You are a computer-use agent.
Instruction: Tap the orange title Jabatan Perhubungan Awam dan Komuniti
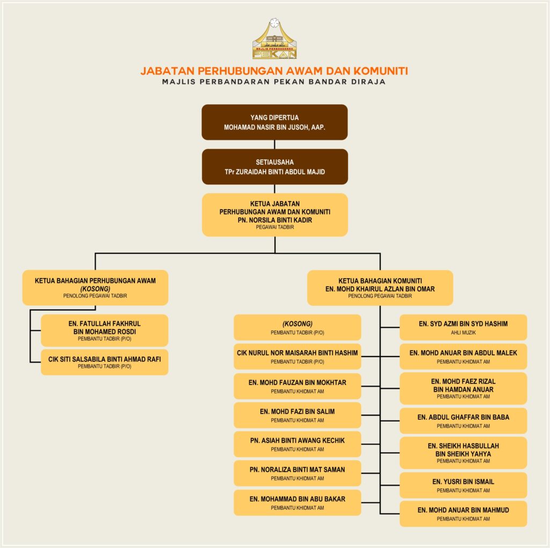coord(274,70)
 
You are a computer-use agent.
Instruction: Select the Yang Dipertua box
coord(274,122)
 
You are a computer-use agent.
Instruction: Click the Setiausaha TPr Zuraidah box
coord(274,167)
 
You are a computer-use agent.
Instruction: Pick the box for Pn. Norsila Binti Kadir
coord(274,215)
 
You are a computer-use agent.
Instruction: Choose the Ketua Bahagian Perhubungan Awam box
coord(95,287)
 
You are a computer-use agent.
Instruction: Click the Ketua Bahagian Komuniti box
coord(380,288)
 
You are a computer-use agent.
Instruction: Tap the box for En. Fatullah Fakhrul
coord(104,330)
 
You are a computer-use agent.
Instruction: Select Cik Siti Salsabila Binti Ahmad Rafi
coord(104,362)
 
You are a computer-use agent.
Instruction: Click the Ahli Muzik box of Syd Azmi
coord(463,327)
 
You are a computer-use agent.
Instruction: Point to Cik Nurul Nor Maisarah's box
coord(297,357)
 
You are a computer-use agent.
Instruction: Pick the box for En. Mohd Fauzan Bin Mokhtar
coord(297,386)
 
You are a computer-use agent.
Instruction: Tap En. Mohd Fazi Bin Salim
coord(297,415)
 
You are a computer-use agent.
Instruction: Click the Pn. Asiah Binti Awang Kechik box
coord(297,444)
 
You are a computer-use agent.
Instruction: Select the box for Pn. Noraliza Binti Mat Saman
coord(297,473)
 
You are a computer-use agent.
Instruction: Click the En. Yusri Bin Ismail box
coord(463,485)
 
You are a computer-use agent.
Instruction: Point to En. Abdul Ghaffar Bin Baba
coord(463,421)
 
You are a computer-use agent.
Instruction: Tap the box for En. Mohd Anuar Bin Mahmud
coord(463,514)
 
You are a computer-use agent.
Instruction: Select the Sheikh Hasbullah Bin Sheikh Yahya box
coord(463,453)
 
